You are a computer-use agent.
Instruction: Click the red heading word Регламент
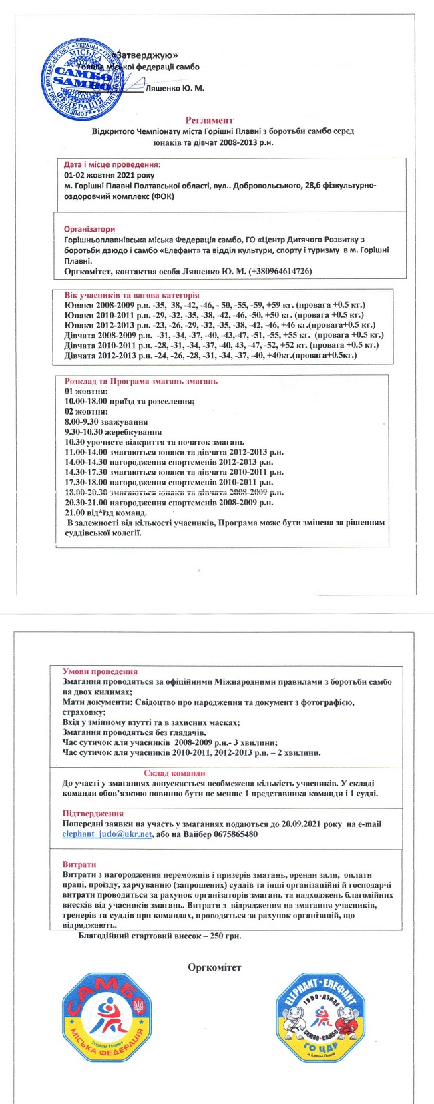[210, 121]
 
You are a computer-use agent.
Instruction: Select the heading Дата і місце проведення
[112, 164]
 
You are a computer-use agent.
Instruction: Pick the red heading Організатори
[89, 229]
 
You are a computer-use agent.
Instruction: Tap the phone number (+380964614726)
[280, 271]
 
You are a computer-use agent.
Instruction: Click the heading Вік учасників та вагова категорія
[132, 295]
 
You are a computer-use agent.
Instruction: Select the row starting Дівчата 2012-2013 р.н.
[210, 356]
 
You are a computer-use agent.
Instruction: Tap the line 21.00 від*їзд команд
[105, 512]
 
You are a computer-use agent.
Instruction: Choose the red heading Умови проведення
[99, 671]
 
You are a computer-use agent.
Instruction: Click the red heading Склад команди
[174, 773]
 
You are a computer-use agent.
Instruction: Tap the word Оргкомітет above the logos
[214, 967]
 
